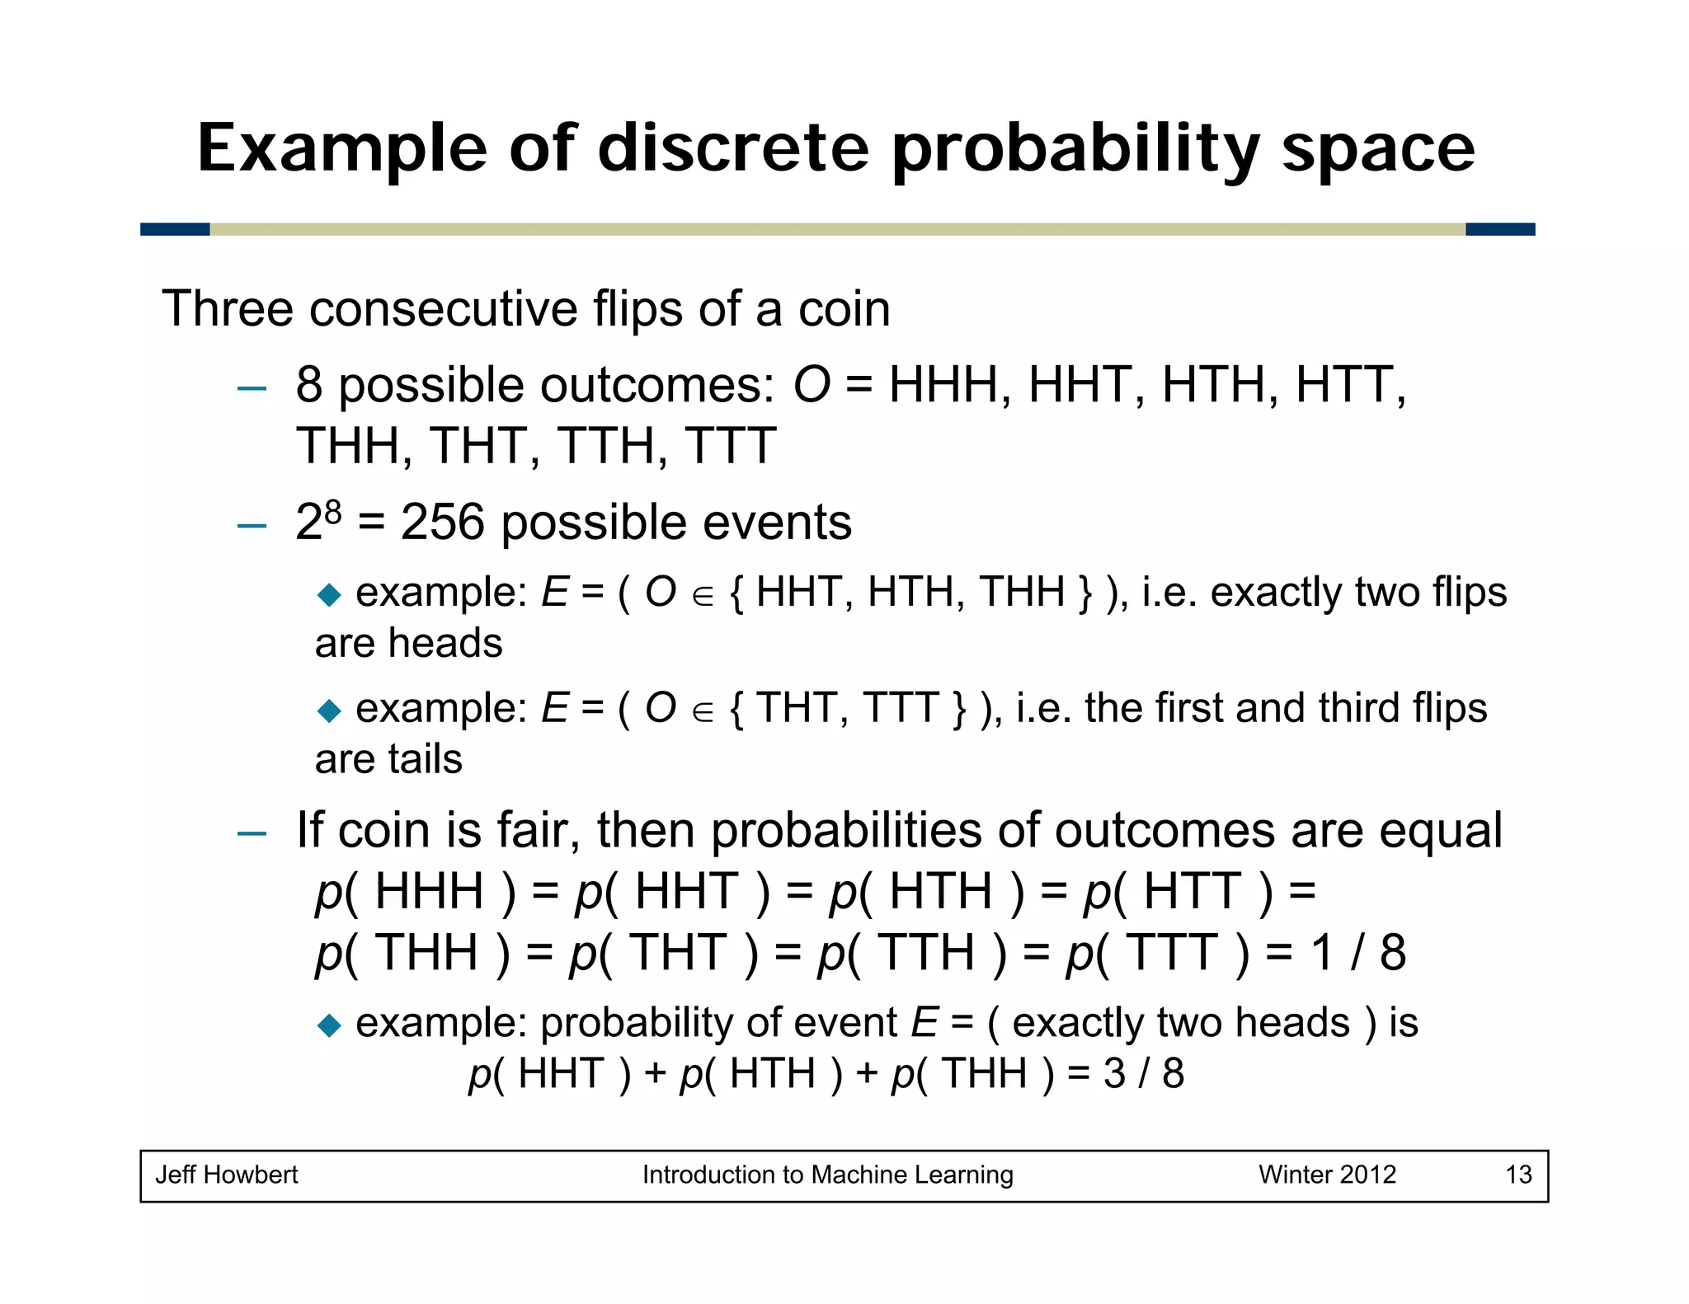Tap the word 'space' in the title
point(1377,150)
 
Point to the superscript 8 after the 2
point(332,513)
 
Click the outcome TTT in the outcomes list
point(730,446)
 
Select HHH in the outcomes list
point(942,385)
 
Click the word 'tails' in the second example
point(425,759)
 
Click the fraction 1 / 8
point(1358,953)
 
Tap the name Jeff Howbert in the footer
point(227,1175)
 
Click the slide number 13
point(1518,1175)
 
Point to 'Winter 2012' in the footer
point(1327,1175)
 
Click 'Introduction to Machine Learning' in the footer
point(827,1175)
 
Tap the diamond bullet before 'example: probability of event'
point(329,1025)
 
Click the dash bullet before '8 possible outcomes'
point(251,387)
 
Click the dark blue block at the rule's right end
point(1499,229)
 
